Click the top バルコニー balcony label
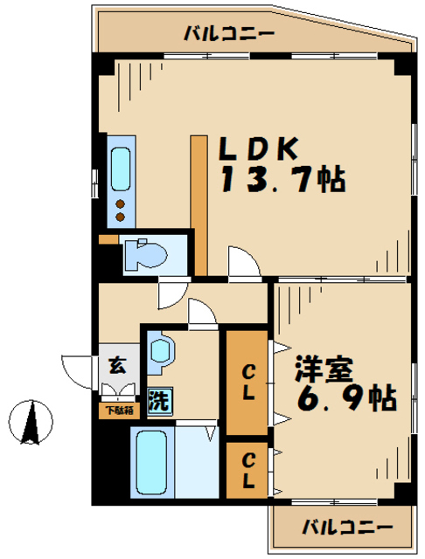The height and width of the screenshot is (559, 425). (x=229, y=34)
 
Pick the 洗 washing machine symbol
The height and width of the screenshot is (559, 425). (x=159, y=402)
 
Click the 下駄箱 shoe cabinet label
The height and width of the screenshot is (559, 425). (x=118, y=409)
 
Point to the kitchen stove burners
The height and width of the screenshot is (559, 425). (x=121, y=210)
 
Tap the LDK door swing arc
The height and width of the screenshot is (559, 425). (x=240, y=262)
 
